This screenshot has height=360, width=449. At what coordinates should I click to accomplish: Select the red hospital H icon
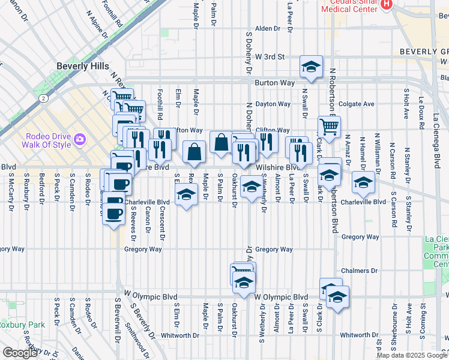(387, 4)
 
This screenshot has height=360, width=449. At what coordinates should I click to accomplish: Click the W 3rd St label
(269, 57)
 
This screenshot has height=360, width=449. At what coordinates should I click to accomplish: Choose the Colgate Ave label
(357, 104)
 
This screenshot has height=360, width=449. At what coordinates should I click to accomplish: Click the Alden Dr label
(268, 28)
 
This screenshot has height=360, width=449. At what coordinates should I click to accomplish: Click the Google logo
(20, 353)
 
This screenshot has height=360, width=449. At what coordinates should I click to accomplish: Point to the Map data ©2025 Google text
(411, 355)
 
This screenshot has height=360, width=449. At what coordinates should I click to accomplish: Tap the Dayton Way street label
(273, 104)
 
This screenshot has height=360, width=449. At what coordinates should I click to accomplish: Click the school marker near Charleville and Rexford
(187, 194)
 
